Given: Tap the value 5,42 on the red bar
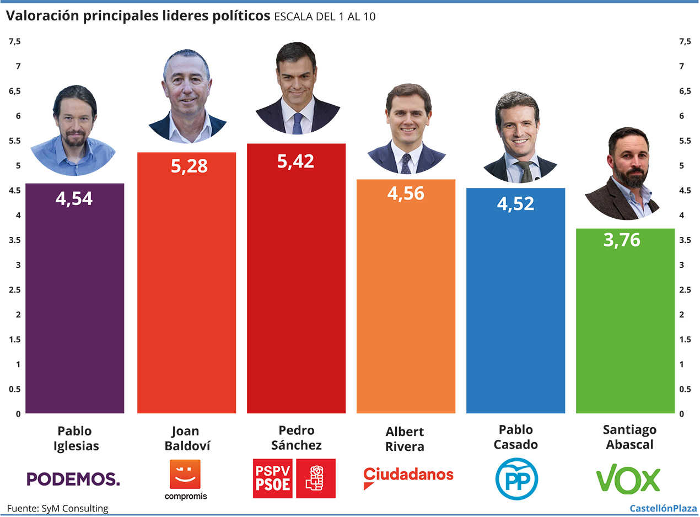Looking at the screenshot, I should point(295,161).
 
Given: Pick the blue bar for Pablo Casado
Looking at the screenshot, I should point(515,309).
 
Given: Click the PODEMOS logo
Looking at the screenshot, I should point(73,478).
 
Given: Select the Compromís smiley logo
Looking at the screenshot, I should point(185,474).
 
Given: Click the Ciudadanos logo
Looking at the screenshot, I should point(408,476).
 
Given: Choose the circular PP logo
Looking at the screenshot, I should point(516,478).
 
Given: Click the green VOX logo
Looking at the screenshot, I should point(628,479).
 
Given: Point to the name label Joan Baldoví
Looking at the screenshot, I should point(187,438).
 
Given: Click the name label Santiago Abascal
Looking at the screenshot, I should point(629,437).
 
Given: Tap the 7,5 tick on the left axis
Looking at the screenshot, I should point(14,41).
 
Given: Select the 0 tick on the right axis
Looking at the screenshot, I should point(682,413).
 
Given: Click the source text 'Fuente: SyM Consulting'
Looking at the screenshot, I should point(57,508).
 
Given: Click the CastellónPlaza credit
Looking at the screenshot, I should point(663,508).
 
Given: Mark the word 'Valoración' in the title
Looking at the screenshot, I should point(42,17).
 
